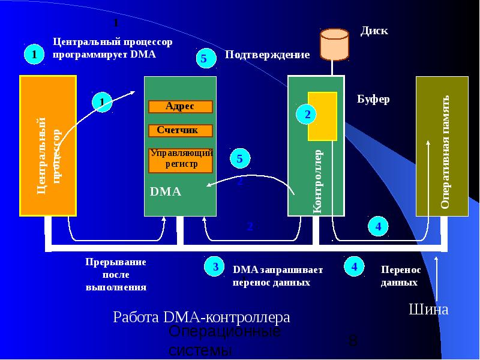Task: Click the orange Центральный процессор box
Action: click(48, 145)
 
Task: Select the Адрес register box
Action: click(180, 106)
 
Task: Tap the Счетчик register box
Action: click(180, 130)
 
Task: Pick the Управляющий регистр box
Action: click(181, 159)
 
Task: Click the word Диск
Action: click(374, 31)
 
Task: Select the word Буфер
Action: click(373, 100)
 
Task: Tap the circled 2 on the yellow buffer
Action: click(307, 114)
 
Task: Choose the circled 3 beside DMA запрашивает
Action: click(214, 266)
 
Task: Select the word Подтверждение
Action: click(267, 55)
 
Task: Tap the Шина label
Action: click(428, 309)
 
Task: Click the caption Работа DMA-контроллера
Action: click(201, 317)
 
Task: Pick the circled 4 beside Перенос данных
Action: click(354, 266)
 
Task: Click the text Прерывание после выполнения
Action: click(116, 275)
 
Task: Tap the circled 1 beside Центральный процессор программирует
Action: click(34, 55)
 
